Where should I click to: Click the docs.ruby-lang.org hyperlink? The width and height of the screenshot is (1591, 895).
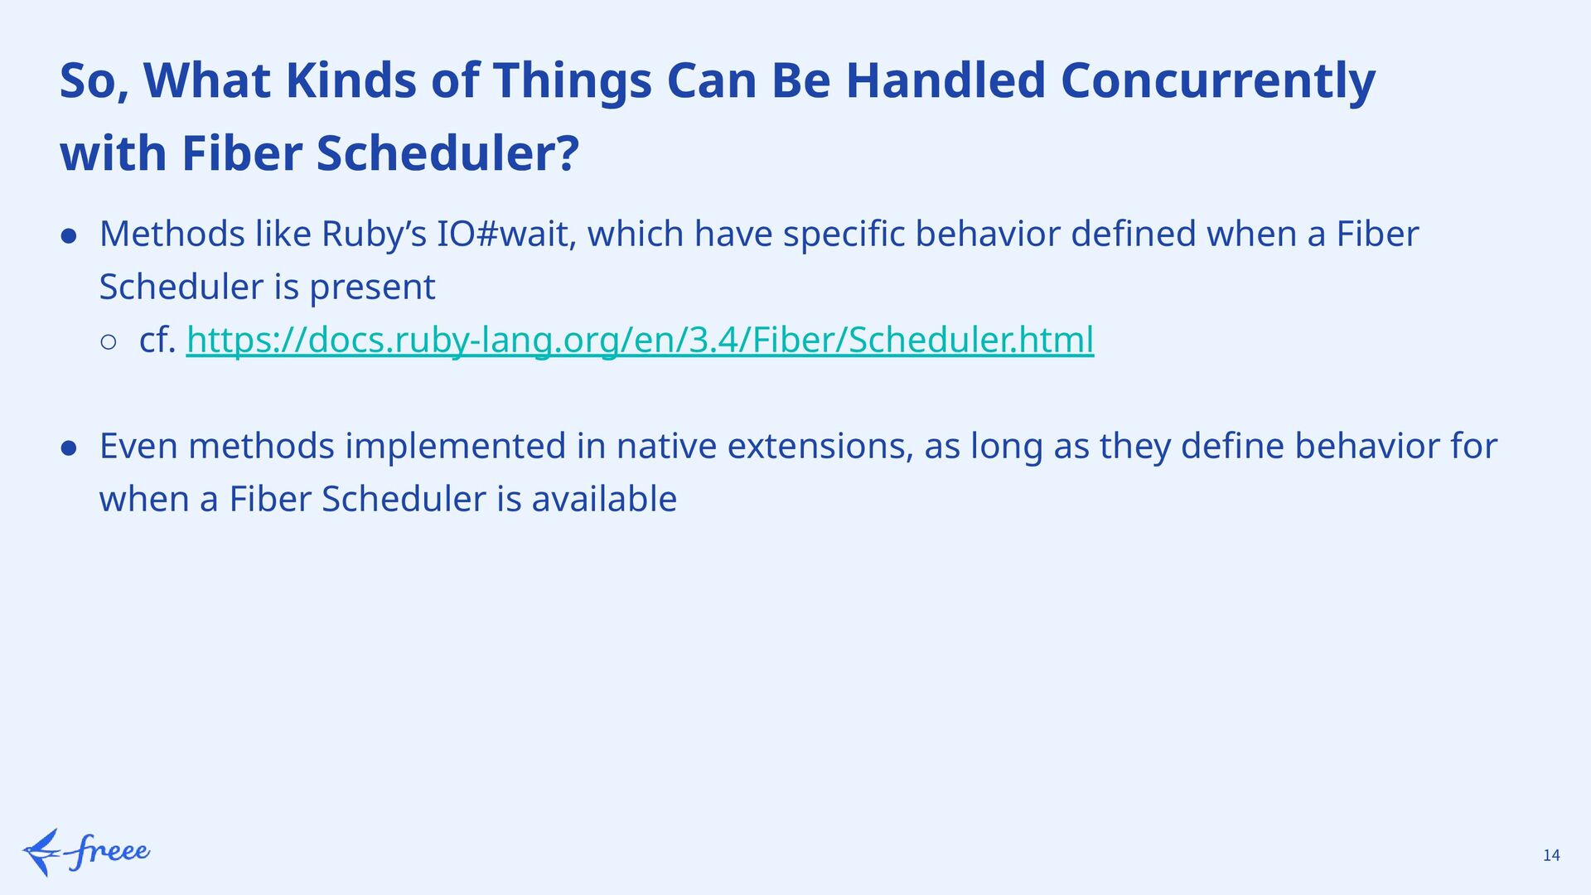640,340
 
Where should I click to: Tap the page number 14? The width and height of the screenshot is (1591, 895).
1551,855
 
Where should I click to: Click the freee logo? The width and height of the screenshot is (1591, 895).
86,852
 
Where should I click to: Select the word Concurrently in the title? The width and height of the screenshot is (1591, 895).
1217,81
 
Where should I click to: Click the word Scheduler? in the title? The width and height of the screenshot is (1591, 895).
447,154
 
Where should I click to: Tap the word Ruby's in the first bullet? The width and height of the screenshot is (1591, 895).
374,235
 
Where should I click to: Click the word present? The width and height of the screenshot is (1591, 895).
372,288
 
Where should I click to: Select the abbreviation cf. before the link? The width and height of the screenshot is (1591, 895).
158,340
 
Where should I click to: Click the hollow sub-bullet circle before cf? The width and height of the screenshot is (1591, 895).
109,342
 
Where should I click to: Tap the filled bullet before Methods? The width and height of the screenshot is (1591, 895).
70,236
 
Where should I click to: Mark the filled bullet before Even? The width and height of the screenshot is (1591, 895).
70,448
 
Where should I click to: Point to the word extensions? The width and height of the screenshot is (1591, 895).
820,447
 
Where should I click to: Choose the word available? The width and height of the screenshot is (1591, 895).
604,499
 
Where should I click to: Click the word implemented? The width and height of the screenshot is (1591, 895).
456,447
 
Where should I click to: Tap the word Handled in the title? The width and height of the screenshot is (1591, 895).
945,81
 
